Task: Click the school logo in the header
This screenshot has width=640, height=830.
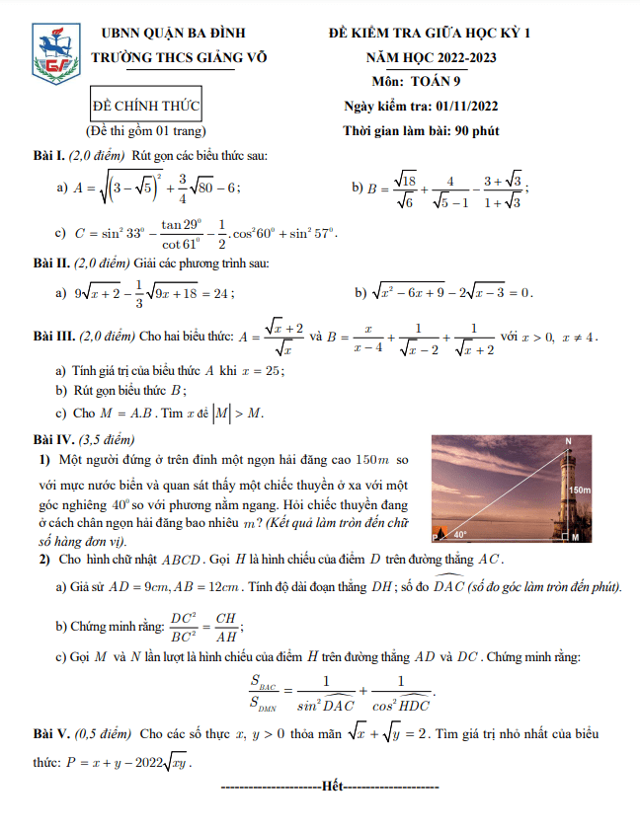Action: tap(55, 55)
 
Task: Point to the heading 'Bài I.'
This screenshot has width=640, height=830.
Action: tap(48, 157)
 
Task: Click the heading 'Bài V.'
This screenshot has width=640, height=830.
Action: tap(51, 734)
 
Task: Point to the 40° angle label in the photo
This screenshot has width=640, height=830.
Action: tap(459, 534)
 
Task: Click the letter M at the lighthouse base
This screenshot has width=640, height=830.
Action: tap(576, 538)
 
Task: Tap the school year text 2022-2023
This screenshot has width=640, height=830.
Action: tap(456, 57)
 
